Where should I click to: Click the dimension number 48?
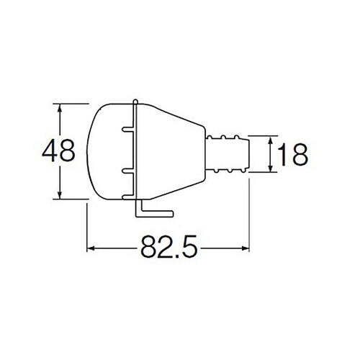[58, 151]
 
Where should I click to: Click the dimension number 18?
[293, 153]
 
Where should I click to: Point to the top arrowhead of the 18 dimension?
[271, 140]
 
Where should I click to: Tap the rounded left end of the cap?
[90, 151]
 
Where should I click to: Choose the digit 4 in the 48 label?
[50, 151]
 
